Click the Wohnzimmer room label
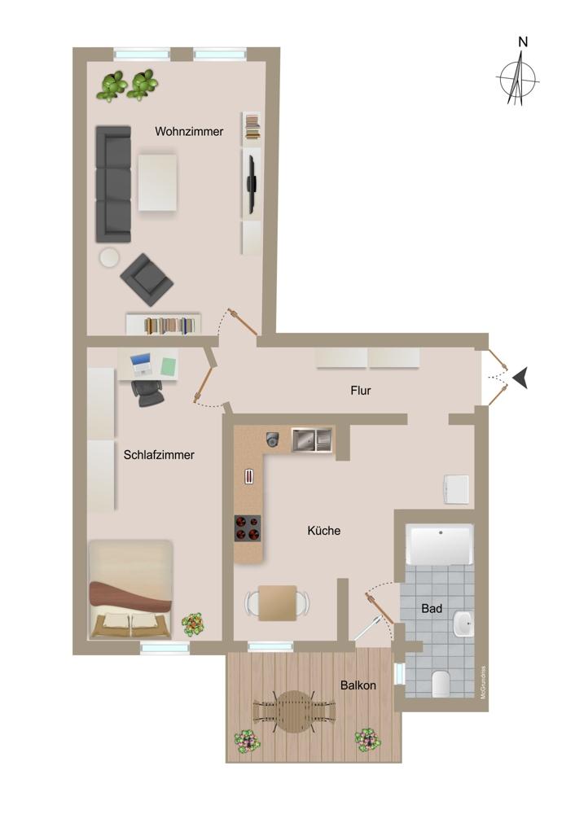point(189,132)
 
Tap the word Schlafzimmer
point(159,455)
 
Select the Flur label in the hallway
point(361,391)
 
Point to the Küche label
point(324,531)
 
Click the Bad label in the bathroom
point(432,608)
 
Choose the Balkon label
point(358,685)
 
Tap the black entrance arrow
point(520,378)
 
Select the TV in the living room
point(252,184)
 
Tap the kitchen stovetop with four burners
point(248,528)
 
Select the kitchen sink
point(312,440)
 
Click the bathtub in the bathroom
point(440,545)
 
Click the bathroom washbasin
point(463,623)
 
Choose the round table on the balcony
point(294,711)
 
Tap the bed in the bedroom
point(130,589)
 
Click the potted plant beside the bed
point(193,624)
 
